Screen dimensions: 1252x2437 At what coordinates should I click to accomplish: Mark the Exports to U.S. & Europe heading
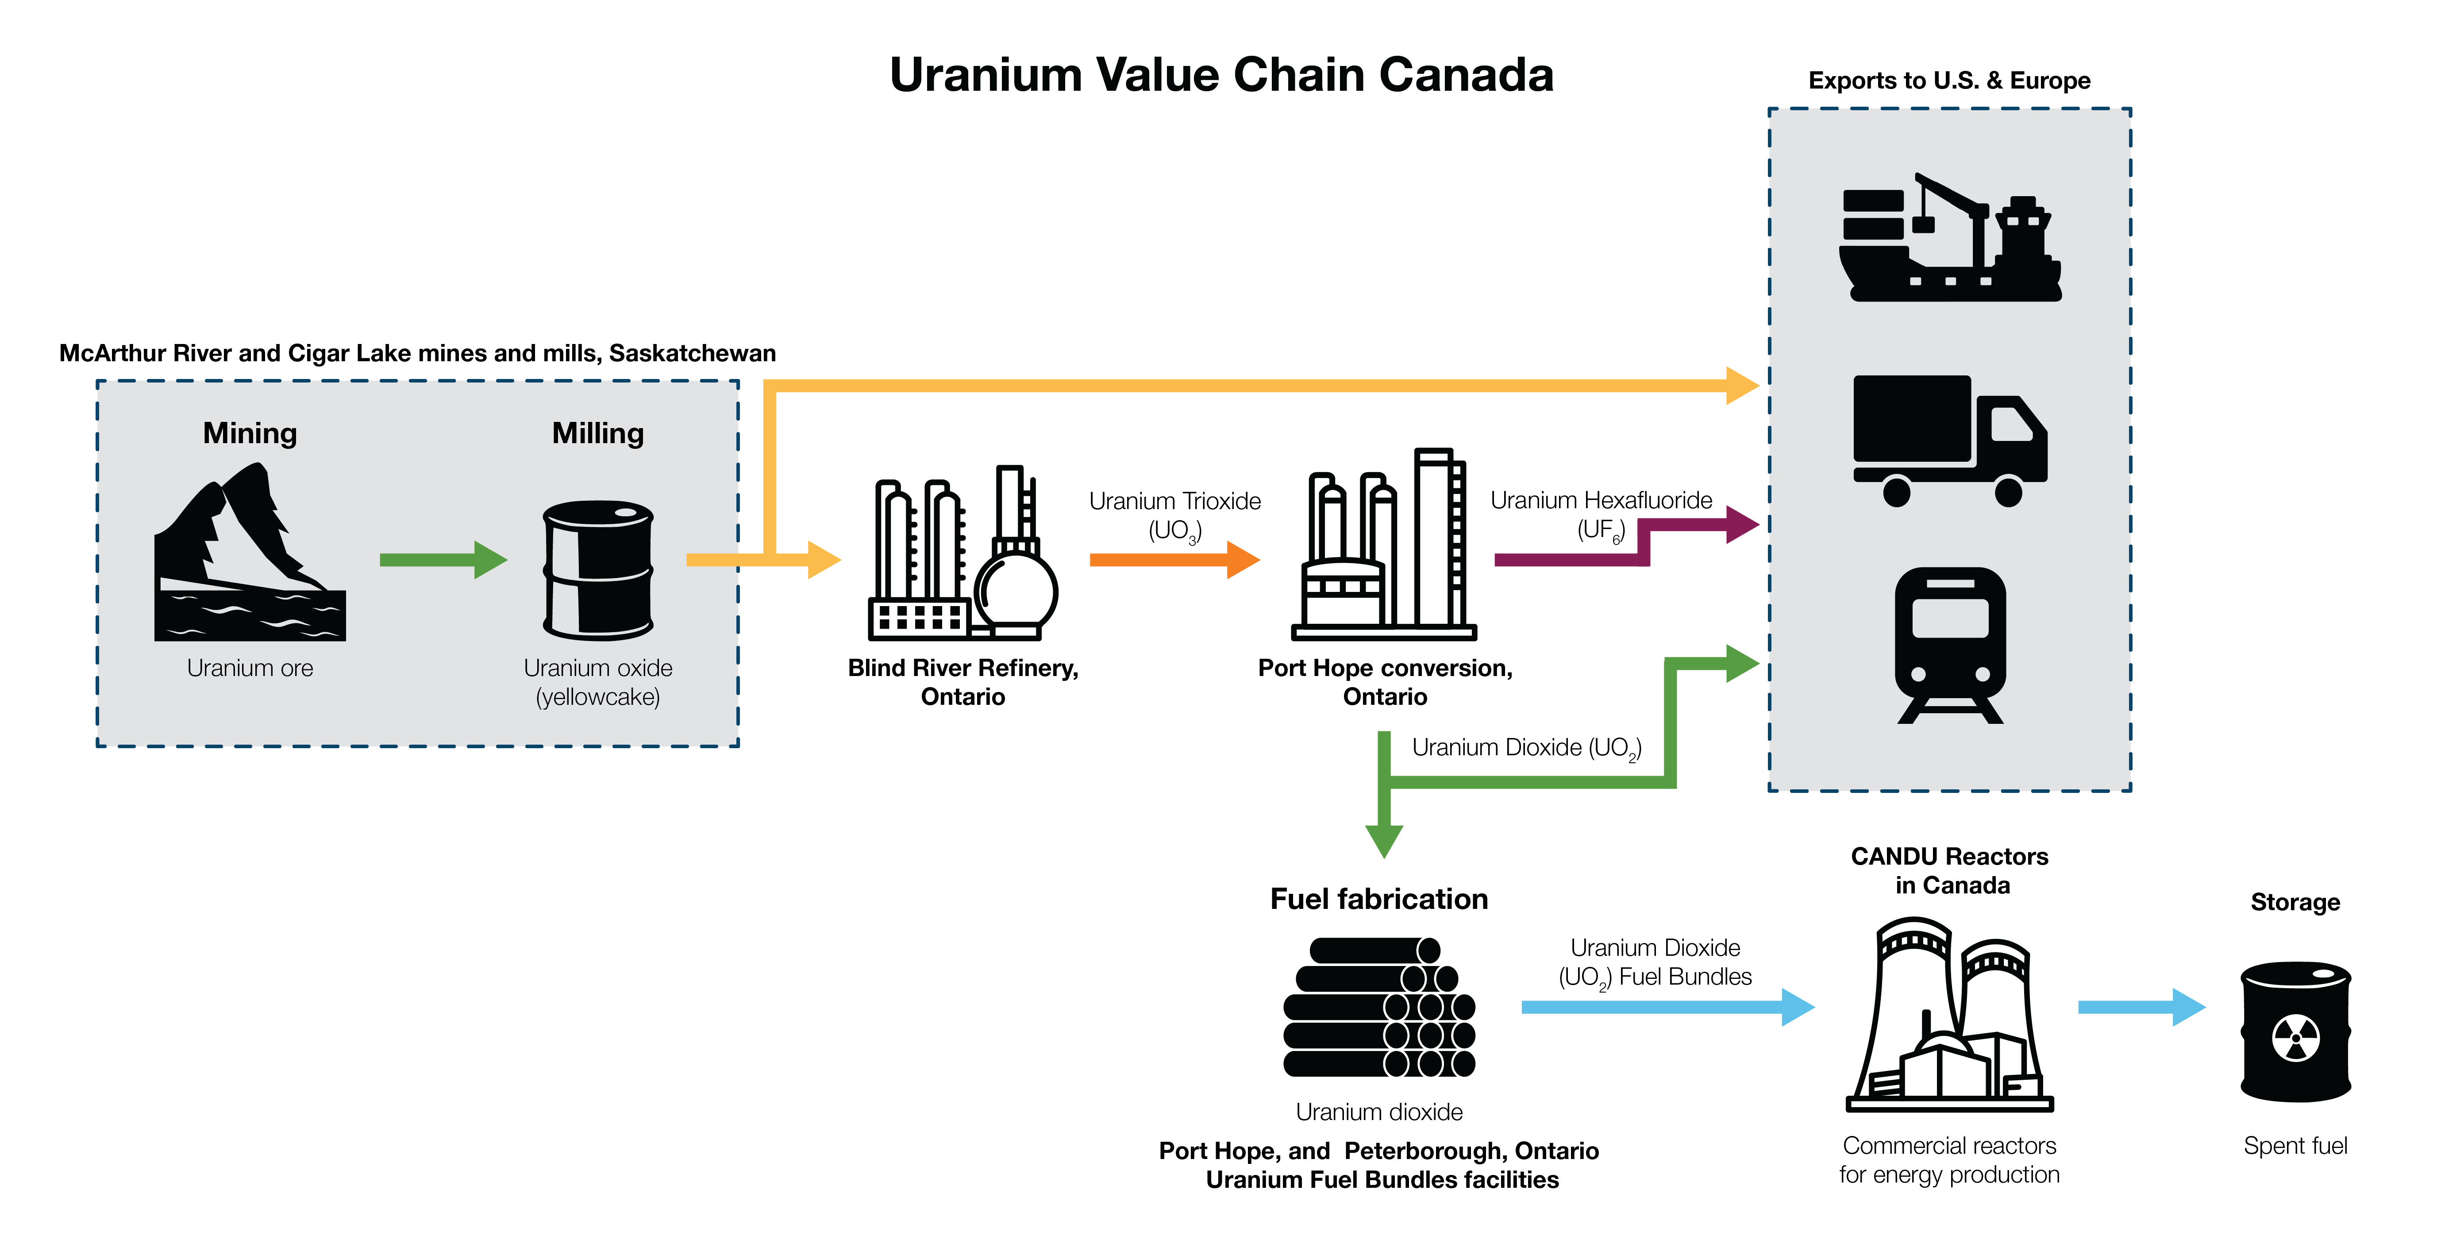click(1949, 81)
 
